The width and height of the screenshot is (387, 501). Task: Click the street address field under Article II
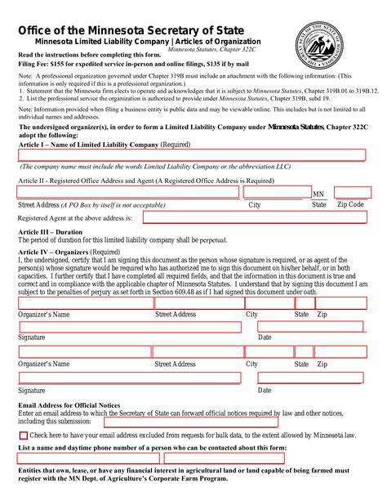coord(128,192)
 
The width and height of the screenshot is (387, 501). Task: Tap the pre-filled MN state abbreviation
coord(318,195)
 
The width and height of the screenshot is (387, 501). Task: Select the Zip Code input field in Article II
coord(352,192)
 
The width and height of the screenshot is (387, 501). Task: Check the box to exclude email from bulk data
coord(23,436)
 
